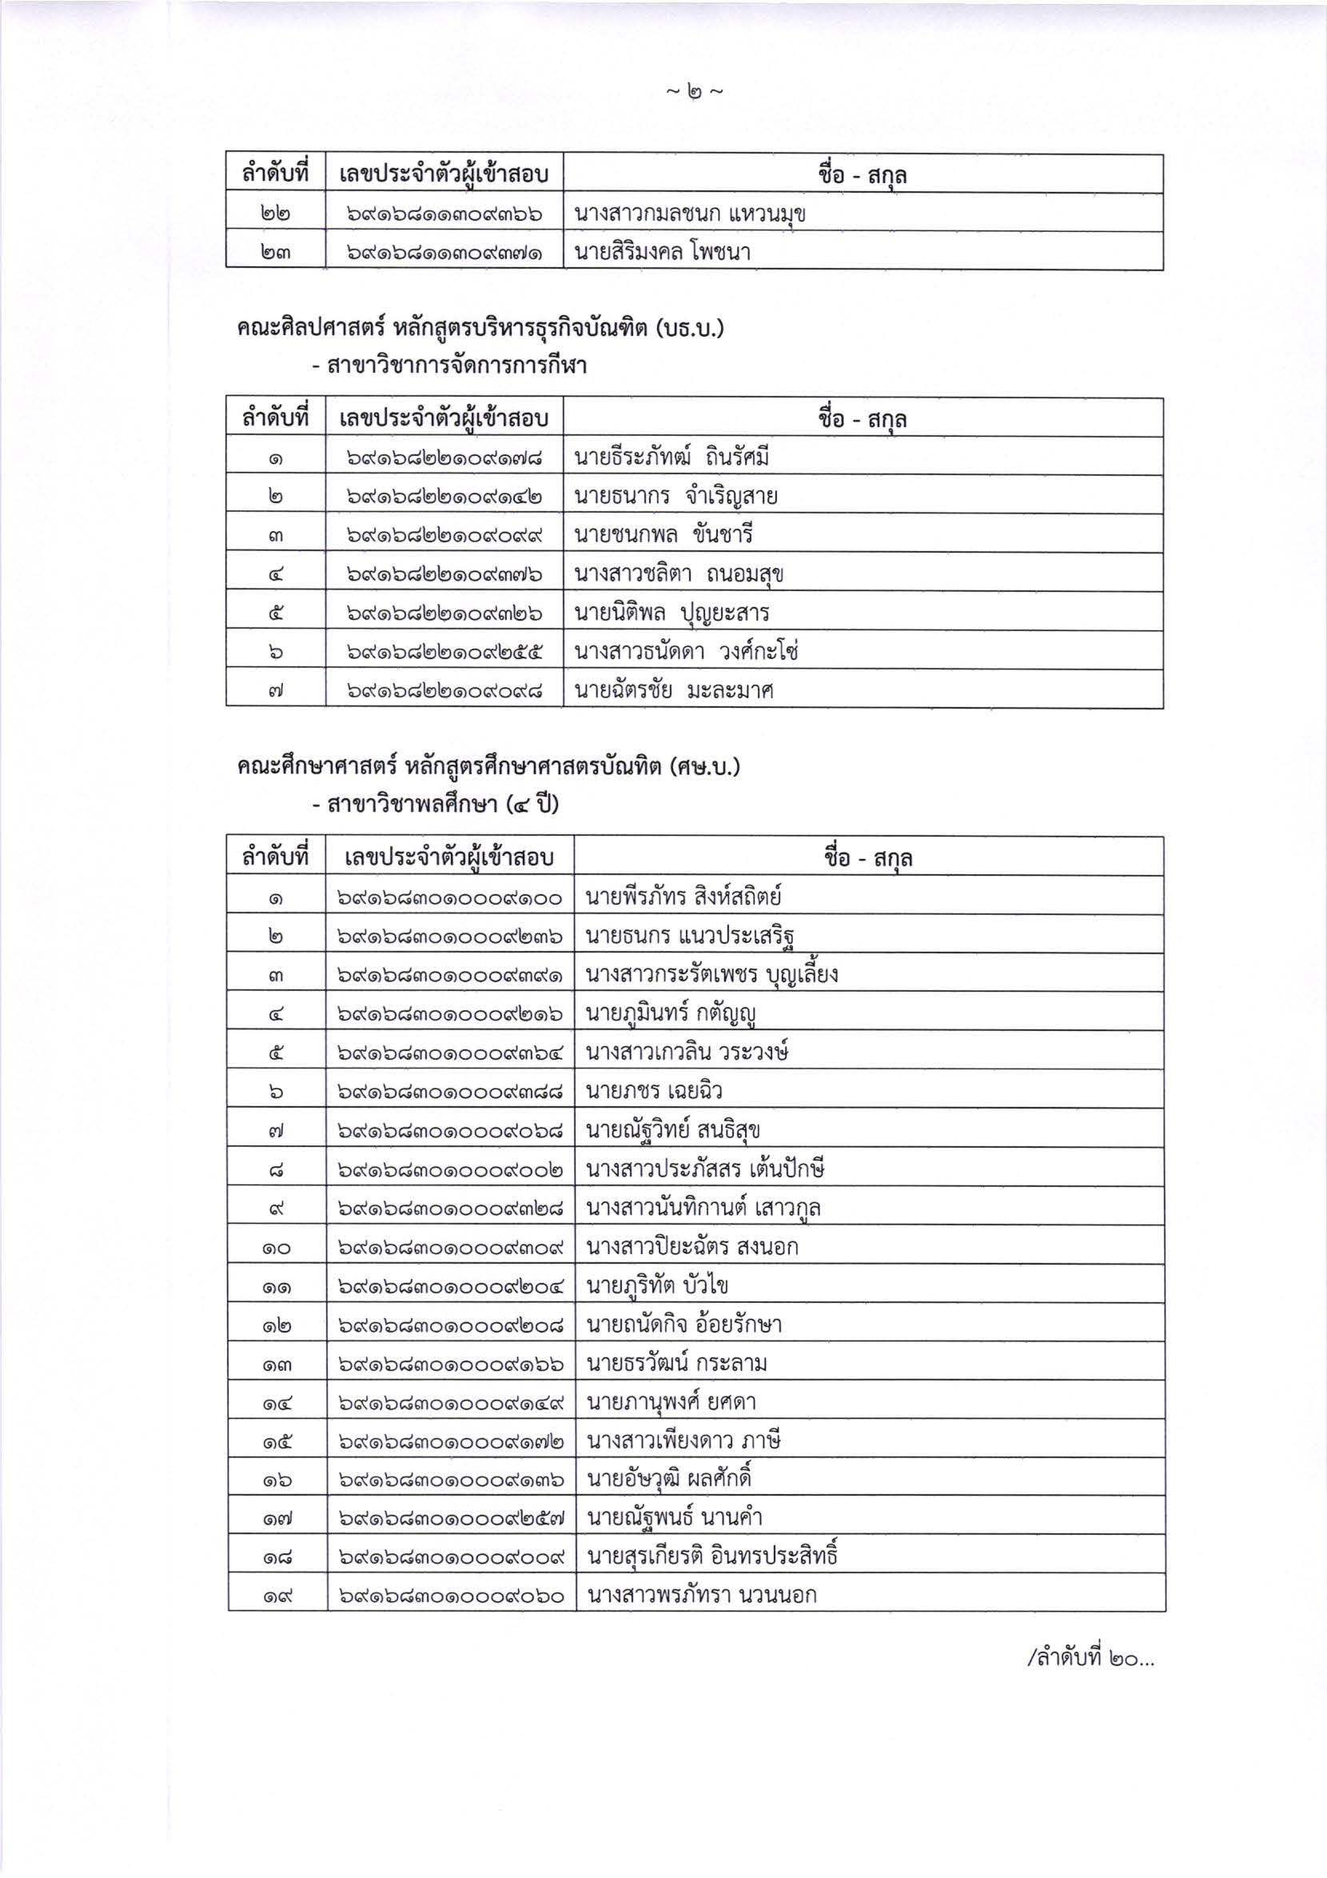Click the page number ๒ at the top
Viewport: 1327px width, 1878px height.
pos(693,94)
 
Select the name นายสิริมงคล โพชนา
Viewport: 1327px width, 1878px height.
pos(662,252)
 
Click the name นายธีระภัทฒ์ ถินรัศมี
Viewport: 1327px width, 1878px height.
pos(671,458)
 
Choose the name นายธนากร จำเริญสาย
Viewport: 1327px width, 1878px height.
pos(675,496)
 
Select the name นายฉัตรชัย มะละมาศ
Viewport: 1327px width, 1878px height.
pos(674,690)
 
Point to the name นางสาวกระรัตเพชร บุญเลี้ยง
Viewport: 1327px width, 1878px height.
pos(712,974)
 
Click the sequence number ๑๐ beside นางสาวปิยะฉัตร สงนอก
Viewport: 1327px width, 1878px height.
pos(277,1248)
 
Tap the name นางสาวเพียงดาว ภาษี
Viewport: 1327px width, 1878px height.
pos(683,1440)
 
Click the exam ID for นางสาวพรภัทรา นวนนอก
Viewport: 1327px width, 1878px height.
pos(451,1595)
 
